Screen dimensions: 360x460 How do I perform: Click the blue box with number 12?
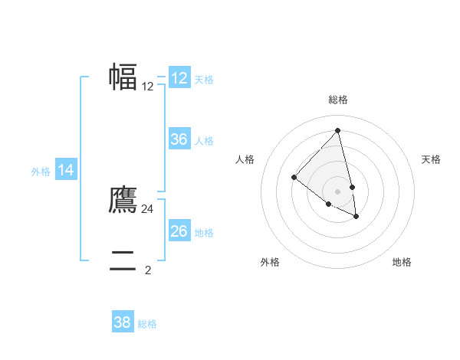pos(179,78)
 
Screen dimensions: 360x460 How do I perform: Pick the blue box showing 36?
pos(179,139)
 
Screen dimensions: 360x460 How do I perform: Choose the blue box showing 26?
pos(179,231)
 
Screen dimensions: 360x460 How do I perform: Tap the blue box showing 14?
pos(66,170)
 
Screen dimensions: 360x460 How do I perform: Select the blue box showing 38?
pos(123,322)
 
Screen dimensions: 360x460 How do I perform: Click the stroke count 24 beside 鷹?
pos(148,208)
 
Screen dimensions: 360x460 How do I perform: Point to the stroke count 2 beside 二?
pos(148,270)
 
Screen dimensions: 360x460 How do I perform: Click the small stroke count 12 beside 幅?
pos(148,87)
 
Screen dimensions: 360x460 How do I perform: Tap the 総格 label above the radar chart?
pos(338,100)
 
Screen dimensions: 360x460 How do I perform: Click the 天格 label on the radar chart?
pos(431,159)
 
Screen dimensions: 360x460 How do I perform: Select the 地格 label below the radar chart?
pos(402,262)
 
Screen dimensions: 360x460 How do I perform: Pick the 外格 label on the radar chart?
pos(270,262)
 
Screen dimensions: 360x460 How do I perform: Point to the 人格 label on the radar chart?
pos(245,159)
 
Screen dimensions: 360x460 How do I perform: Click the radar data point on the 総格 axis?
pos(338,131)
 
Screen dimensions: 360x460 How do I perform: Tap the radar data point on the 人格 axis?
pos(294,178)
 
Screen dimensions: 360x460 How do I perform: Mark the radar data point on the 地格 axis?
pos(356,217)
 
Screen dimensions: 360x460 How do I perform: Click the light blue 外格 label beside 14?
pos(41,172)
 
